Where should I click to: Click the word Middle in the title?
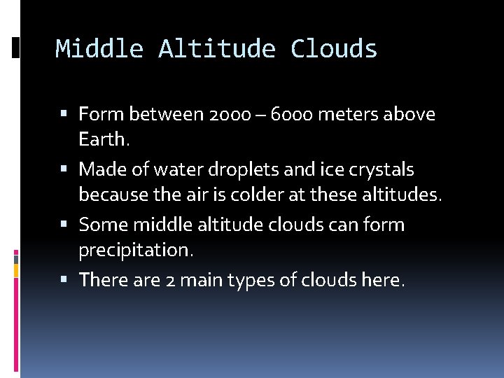point(99,49)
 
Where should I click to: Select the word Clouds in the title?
point(334,49)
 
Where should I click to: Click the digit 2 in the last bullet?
point(170,280)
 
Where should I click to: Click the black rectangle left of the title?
point(15,48)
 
